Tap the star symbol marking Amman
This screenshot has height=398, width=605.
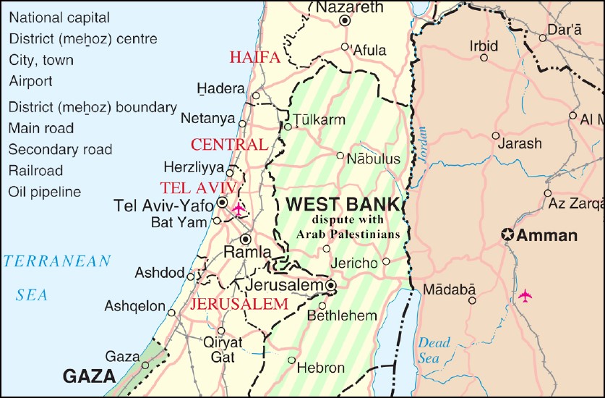click(508, 235)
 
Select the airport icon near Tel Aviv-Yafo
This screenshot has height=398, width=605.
click(238, 209)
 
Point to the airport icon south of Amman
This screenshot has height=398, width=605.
click(525, 296)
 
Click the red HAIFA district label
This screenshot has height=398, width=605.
click(254, 58)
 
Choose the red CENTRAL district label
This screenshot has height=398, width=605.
click(229, 145)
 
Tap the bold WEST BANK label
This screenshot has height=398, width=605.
click(343, 204)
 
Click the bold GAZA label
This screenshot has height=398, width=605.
click(90, 376)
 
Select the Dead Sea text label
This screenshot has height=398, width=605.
click(433, 350)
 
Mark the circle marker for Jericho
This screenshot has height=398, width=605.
click(386, 261)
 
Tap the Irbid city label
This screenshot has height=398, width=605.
click(484, 46)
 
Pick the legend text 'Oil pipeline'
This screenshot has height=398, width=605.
click(45, 192)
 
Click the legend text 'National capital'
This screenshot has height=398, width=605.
click(59, 17)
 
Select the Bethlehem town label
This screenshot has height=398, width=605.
click(342, 316)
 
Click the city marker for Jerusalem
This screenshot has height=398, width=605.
click(331, 286)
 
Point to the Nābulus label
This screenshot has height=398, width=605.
click(374, 158)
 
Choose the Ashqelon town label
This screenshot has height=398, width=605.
click(135, 306)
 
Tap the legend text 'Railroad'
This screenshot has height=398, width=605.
click(35, 172)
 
